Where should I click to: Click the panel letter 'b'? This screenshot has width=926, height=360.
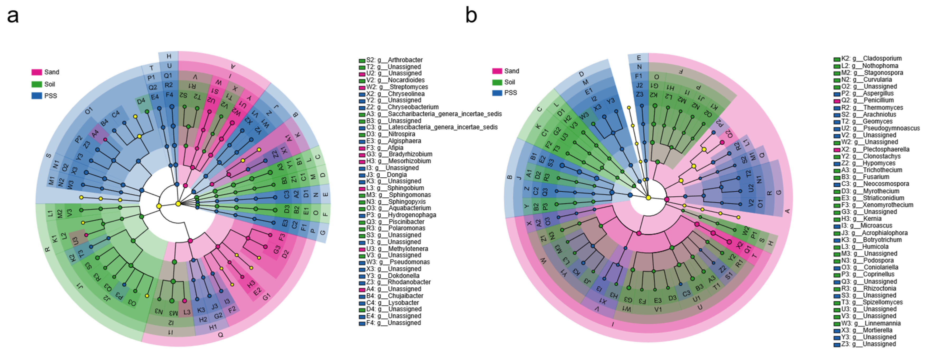point(471,16)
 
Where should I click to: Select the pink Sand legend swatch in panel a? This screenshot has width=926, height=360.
point(37,72)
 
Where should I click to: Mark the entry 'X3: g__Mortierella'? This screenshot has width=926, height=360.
point(867,330)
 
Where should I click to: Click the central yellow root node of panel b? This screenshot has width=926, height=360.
point(648,198)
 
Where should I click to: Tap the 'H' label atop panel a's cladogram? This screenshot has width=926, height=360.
point(169,56)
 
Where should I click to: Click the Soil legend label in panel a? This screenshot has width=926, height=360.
point(50,84)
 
